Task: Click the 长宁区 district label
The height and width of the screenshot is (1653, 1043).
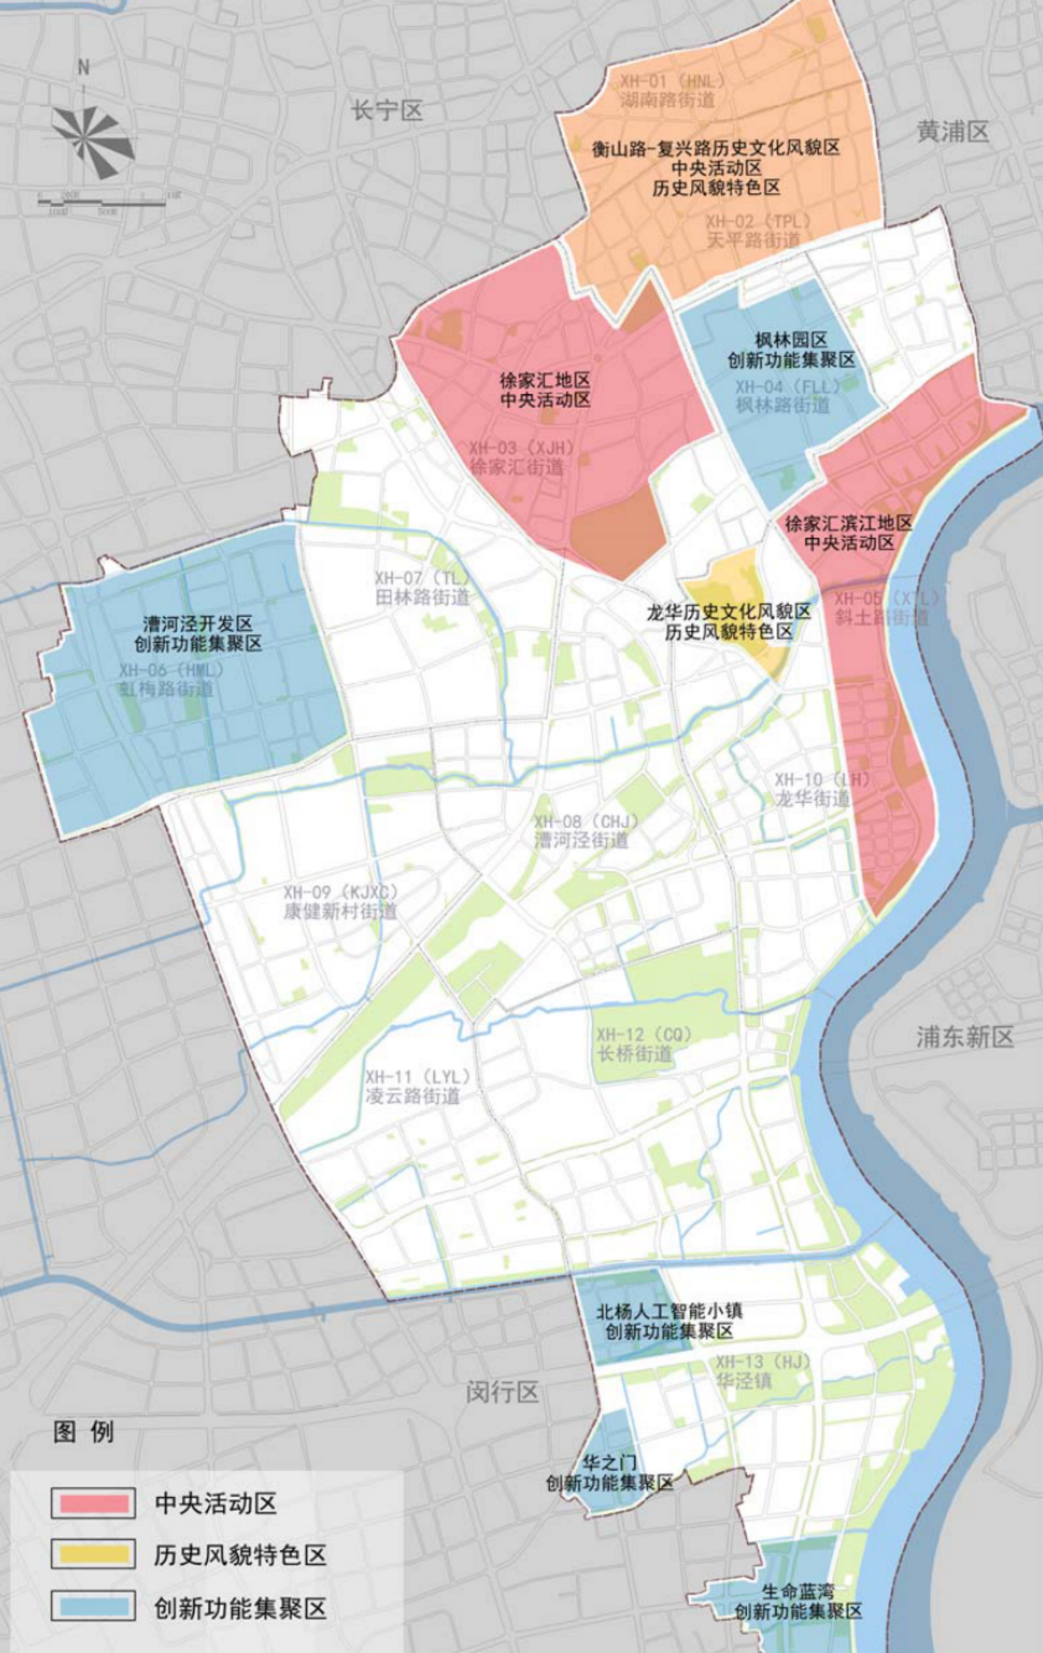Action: pos(387,111)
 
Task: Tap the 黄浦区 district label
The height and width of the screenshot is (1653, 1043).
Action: pos(952,131)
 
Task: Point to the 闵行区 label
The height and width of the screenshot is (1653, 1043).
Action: pos(502,1391)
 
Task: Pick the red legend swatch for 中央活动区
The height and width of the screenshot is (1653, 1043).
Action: pos(93,1503)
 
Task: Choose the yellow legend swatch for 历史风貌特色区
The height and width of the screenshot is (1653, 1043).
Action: pos(93,1554)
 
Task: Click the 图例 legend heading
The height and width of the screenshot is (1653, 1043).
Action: pos(83,1432)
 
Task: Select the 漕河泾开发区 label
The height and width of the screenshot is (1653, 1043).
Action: pos(198,624)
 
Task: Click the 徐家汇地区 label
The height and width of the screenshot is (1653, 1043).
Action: pos(545,380)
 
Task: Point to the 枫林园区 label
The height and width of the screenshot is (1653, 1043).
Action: pos(791,340)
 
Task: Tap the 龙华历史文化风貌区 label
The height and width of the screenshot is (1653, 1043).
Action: pos(729,612)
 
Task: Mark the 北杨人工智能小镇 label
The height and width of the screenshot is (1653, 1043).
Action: pos(669,1311)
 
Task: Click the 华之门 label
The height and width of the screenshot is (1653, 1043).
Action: pos(609,1462)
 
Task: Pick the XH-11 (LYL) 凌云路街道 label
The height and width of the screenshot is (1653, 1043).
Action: pos(416,1087)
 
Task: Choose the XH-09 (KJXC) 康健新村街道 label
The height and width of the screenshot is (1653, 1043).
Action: pos(340,902)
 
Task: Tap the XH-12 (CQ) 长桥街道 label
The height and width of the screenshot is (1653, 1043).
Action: pos(643,1044)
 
